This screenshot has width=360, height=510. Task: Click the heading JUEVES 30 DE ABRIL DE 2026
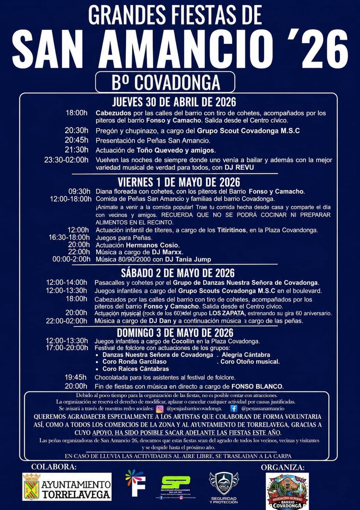(x=174, y=102)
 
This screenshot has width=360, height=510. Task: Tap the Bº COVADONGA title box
(x=165, y=82)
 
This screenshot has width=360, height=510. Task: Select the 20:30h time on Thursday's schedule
(x=77, y=131)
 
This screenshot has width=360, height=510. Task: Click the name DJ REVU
(x=239, y=167)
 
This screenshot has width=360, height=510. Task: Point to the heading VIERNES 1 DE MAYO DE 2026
(x=179, y=182)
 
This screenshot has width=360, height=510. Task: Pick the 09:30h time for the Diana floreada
(x=79, y=191)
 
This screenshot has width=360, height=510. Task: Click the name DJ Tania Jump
(x=188, y=259)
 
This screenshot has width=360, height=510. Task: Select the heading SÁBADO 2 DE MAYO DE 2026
(x=178, y=273)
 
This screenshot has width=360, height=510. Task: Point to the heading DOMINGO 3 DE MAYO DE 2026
(x=175, y=333)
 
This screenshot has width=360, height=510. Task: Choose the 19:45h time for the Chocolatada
(x=75, y=377)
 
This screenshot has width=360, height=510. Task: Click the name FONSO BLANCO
(x=257, y=387)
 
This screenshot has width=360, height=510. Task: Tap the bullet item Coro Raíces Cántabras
(x=136, y=369)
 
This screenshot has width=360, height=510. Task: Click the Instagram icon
(x=160, y=408)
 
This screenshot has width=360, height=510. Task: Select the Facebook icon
(x=234, y=408)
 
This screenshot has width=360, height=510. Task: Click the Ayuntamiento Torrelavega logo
(x=67, y=487)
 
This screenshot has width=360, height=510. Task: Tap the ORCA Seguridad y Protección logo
(x=224, y=487)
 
